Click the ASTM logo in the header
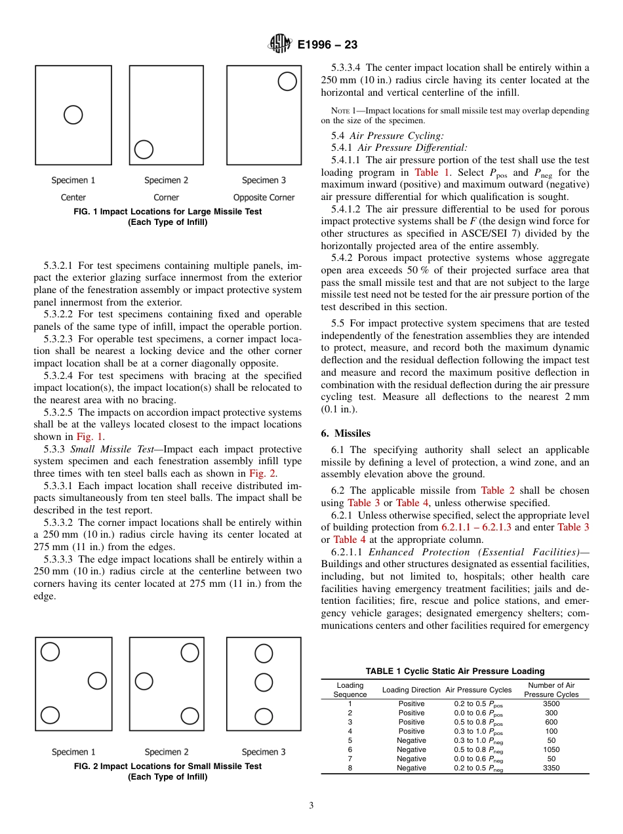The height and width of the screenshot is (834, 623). (x=281, y=45)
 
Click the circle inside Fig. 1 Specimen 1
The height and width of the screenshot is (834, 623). (x=73, y=115)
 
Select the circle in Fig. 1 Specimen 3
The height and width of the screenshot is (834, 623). (x=287, y=81)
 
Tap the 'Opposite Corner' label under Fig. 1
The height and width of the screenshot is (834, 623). (x=264, y=197)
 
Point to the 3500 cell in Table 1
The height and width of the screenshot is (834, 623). (x=552, y=704)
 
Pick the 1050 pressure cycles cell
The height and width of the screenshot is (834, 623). (x=552, y=749)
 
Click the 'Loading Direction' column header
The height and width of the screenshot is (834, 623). (x=411, y=690)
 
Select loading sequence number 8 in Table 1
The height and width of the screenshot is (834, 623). (x=350, y=768)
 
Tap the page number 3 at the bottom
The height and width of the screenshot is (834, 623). (x=311, y=806)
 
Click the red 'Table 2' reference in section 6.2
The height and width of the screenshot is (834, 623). (x=492, y=490)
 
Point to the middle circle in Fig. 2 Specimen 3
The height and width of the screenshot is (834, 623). (x=264, y=683)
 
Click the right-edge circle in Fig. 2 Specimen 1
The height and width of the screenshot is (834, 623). (x=97, y=681)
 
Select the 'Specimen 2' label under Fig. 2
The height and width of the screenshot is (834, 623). (x=167, y=752)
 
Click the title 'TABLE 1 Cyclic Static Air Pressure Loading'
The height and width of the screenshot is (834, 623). (x=455, y=671)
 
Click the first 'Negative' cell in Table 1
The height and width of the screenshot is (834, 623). (x=411, y=740)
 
